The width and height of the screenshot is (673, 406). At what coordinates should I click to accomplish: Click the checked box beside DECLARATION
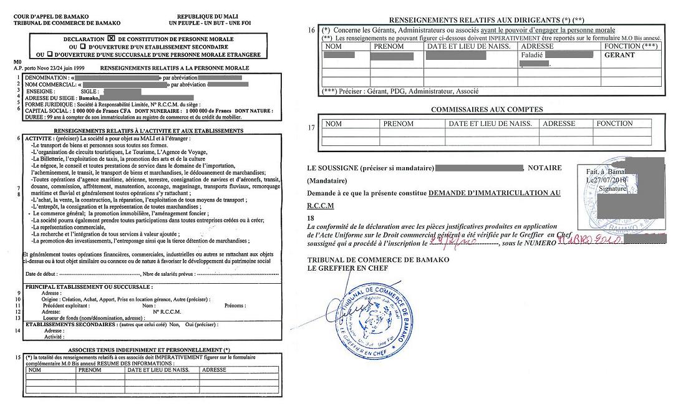point(112,39)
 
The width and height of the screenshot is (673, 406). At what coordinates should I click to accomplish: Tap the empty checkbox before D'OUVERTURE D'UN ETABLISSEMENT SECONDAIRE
point(82,47)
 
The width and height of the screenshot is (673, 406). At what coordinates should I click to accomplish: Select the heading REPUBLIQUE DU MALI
point(206,16)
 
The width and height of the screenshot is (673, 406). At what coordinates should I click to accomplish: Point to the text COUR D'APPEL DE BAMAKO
point(42,16)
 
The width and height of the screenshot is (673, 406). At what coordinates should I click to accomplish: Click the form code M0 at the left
point(17,62)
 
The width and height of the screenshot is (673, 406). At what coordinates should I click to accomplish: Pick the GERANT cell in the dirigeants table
point(619,55)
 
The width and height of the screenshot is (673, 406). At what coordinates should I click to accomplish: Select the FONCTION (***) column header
point(631,46)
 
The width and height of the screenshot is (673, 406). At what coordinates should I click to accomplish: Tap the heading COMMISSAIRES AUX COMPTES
point(487,110)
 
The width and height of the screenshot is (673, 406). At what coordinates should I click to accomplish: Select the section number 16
point(312,30)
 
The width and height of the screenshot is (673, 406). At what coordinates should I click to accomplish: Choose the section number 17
point(312,128)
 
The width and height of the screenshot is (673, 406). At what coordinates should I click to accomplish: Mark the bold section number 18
point(312,218)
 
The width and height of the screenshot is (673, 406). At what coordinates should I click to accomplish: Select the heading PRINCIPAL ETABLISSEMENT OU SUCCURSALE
point(89,286)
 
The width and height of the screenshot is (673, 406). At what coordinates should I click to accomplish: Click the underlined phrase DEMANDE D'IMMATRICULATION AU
point(495,193)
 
